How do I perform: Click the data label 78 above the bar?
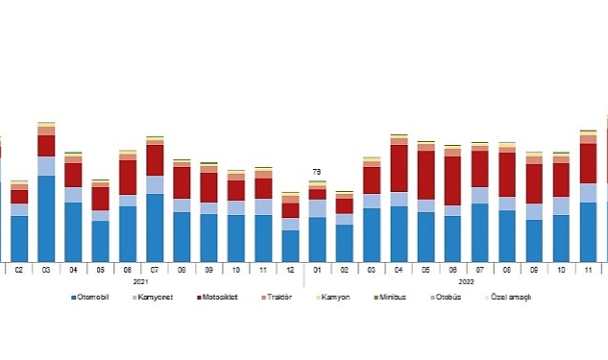pos(317,172)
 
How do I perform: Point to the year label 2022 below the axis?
pos(466,281)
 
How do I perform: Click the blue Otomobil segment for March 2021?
pos(46,219)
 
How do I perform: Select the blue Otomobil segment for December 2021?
pos(290,246)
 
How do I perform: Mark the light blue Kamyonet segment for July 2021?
pos(155,184)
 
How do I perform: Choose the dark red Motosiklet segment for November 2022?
pos(589,163)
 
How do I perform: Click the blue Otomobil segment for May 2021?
pos(100,241)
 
